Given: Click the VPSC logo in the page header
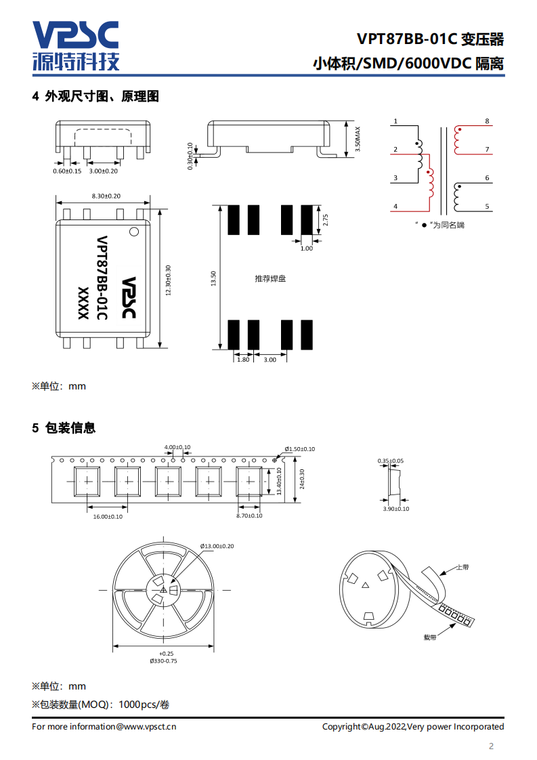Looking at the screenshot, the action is pos(76,45).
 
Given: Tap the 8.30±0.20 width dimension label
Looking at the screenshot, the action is pos(106,196).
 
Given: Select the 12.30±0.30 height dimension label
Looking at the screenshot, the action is pos(168,280).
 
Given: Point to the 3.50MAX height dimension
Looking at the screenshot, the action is pos(358,139).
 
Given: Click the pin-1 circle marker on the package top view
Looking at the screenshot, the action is pos(134,232).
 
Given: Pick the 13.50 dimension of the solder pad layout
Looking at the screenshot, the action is pos(213,278).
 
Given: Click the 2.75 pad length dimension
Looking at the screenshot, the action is pos(325,220).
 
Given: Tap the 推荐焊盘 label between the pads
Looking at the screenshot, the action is pos(270,278).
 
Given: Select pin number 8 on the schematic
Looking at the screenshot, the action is pos(487,121).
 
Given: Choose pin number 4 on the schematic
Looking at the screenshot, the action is pos(395,207).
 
